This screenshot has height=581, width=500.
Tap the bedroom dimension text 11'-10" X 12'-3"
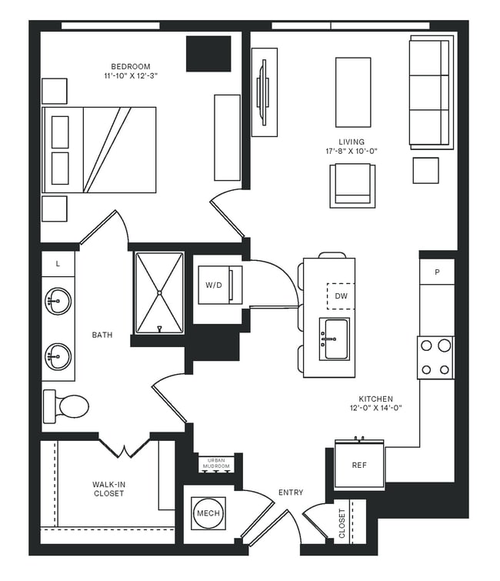(132, 76)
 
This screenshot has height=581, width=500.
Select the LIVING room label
(352, 142)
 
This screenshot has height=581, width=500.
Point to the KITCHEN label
(376, 399)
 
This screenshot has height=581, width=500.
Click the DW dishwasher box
(341, 296)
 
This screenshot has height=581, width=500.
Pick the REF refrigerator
(359, 466)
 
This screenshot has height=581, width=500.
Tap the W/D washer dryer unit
(215, 285)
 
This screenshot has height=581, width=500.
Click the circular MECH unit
(208, 513)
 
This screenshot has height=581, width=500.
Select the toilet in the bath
(67, 406)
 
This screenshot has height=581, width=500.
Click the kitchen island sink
(335, 339)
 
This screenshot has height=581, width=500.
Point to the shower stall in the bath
(159, 293)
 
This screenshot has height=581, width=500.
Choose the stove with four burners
(435, 358)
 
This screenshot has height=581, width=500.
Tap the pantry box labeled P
(437, 272)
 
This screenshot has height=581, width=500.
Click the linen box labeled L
(58, 264)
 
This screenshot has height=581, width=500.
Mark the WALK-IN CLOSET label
(108, 488)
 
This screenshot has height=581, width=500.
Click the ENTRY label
(291, 493)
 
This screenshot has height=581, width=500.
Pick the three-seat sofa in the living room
(429, 92)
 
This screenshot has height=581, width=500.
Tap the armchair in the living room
(352, 186)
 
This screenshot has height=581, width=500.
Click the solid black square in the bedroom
(208, 54)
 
